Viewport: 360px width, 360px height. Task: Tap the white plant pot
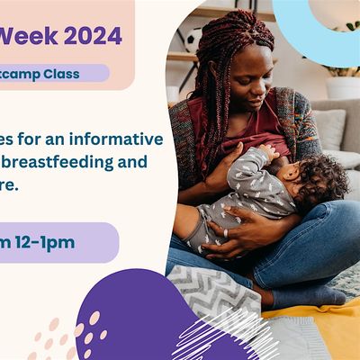[342, 86]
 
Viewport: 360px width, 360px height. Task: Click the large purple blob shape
[144, 315]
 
